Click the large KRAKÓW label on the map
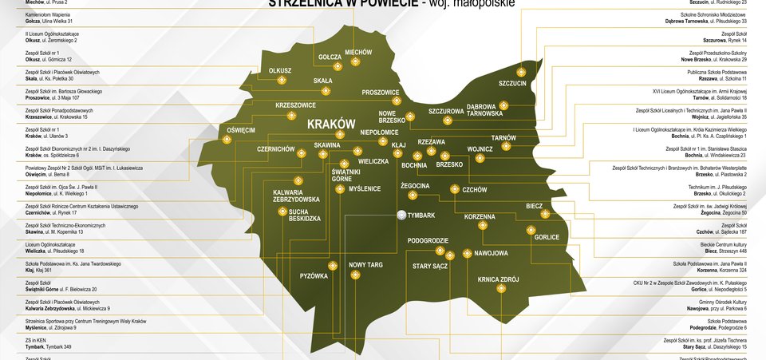pos(330,125)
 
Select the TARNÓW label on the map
pos(505,137)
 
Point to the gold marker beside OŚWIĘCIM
pos(227,140)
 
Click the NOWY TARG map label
pos(366,264)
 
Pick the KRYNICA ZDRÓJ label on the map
pos(498,279)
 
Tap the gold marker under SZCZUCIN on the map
pos(512,94)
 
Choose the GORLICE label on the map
pos(547,237)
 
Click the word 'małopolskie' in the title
pos(480,3)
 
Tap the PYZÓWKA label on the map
pos(314,276)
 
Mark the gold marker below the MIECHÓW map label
pos(357,62)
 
